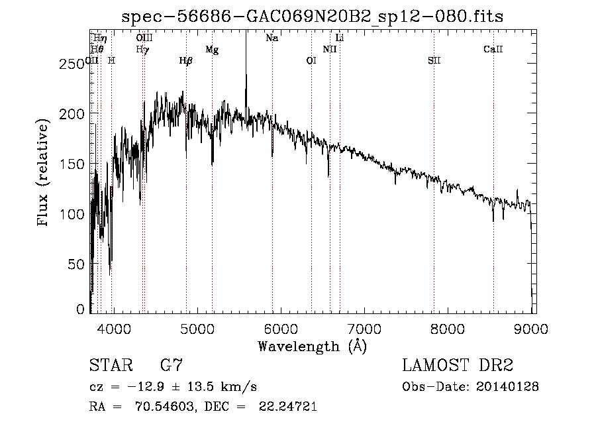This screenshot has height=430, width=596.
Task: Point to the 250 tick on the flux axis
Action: pyautogui.click(x=75, y=63)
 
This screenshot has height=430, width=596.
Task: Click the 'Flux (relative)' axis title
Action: pyautogui.click(x=44, y=174)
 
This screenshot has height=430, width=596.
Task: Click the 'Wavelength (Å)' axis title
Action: pyautogui.click(x=312, y=345)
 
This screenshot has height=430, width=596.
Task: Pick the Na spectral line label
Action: pyautogui.click(x=272, y=38)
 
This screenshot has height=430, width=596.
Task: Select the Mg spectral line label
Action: pyautogui.click(x=212, y=50)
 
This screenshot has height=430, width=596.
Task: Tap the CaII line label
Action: pyautogui.click(x=493, y=49)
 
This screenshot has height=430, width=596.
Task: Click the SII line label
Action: pyautogui.click(x=434, y=61)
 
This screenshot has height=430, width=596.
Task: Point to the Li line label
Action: pyautogui.click(x=340, y=38)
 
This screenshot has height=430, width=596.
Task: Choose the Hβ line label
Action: pyautogui.click(x=186, y=61)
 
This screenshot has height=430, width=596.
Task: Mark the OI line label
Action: pyautogui.click(x=311, y=61)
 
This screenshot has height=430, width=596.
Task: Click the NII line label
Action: pyautogui.click(x=330, y=49)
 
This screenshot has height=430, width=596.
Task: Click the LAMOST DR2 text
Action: pyautogui.click(x=458, y=365)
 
